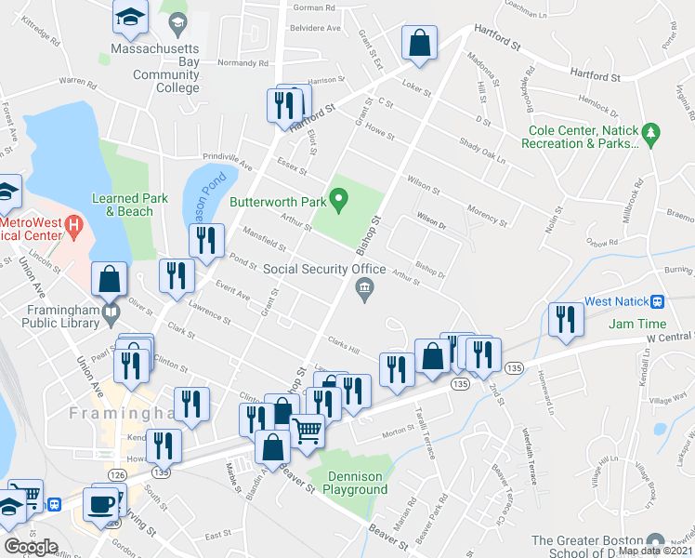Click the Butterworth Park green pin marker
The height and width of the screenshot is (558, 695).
coord(340,198)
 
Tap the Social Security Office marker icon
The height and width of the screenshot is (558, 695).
coord(365,291)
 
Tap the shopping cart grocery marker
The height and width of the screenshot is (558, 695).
coord(307,431)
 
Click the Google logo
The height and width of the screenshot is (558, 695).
coord(31,546)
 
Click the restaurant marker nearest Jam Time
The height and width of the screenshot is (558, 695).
coord(563,320)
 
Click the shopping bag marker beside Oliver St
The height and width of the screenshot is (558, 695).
coord(109,277)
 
